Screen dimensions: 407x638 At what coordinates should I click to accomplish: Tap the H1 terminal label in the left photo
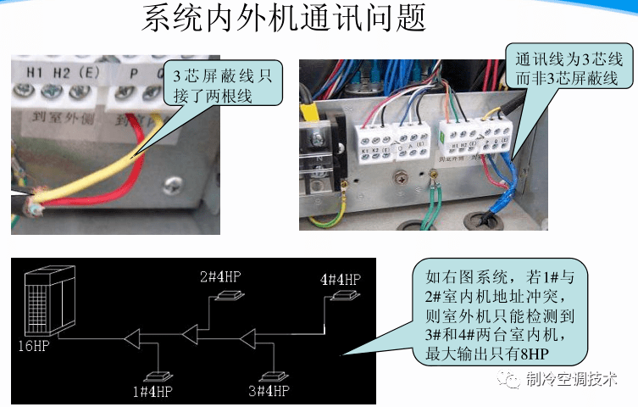coord(35,73)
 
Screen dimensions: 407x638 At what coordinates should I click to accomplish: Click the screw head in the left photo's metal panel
coord(173,181)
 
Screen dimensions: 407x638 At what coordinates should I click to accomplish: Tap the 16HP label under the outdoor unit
coord(34,345)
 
